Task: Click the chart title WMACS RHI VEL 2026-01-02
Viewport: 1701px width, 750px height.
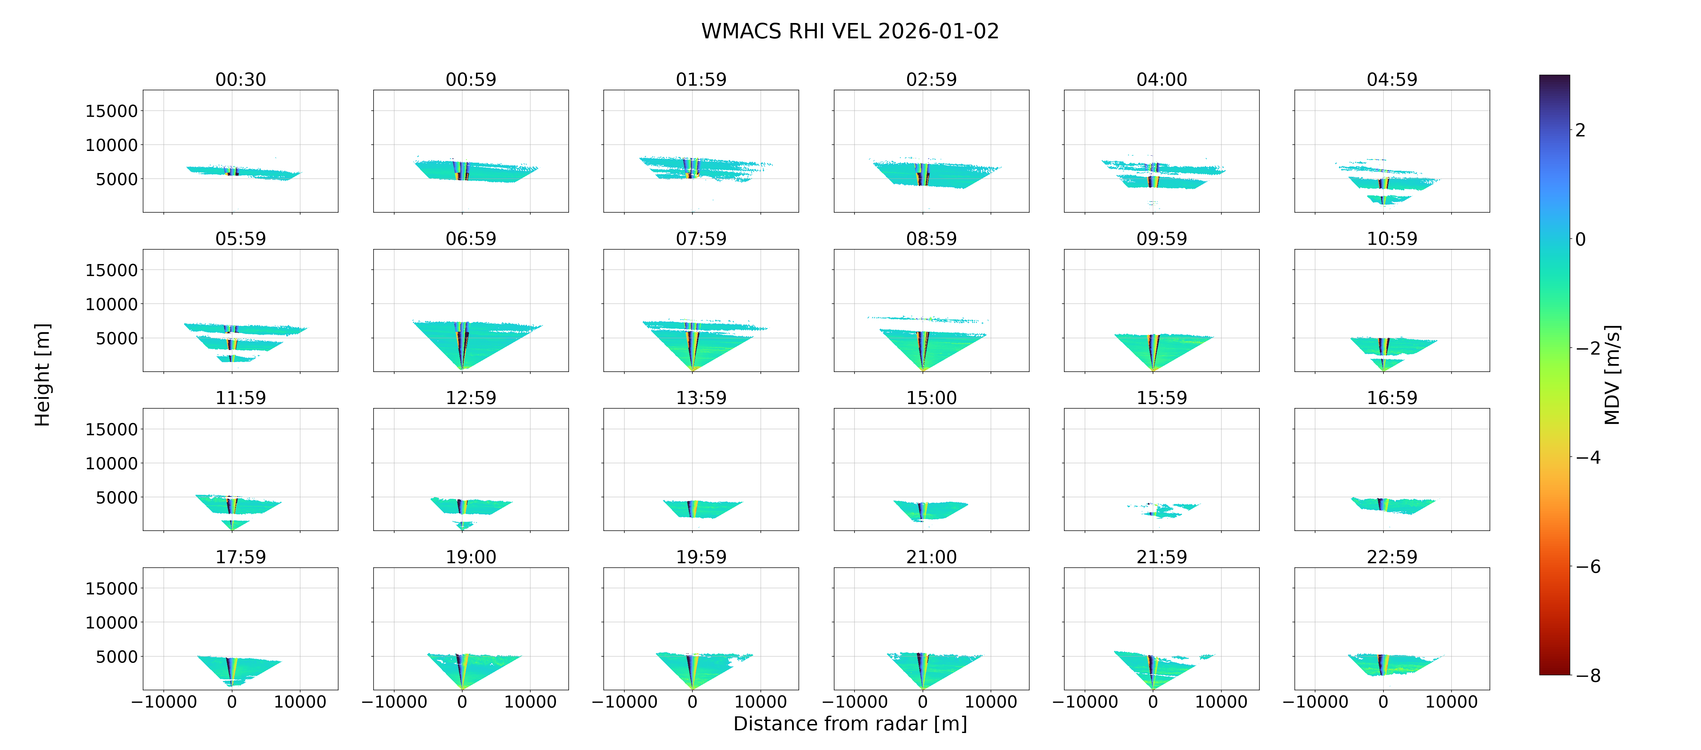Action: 850,31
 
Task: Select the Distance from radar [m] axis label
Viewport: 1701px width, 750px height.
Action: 850,724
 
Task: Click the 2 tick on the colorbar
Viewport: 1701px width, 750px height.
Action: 1580,130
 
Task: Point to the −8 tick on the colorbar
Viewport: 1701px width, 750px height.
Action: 1588,675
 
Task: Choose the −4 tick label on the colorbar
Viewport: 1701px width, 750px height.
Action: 1588,457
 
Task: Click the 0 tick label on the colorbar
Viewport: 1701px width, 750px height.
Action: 1580,239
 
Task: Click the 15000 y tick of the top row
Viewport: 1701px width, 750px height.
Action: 112,111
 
